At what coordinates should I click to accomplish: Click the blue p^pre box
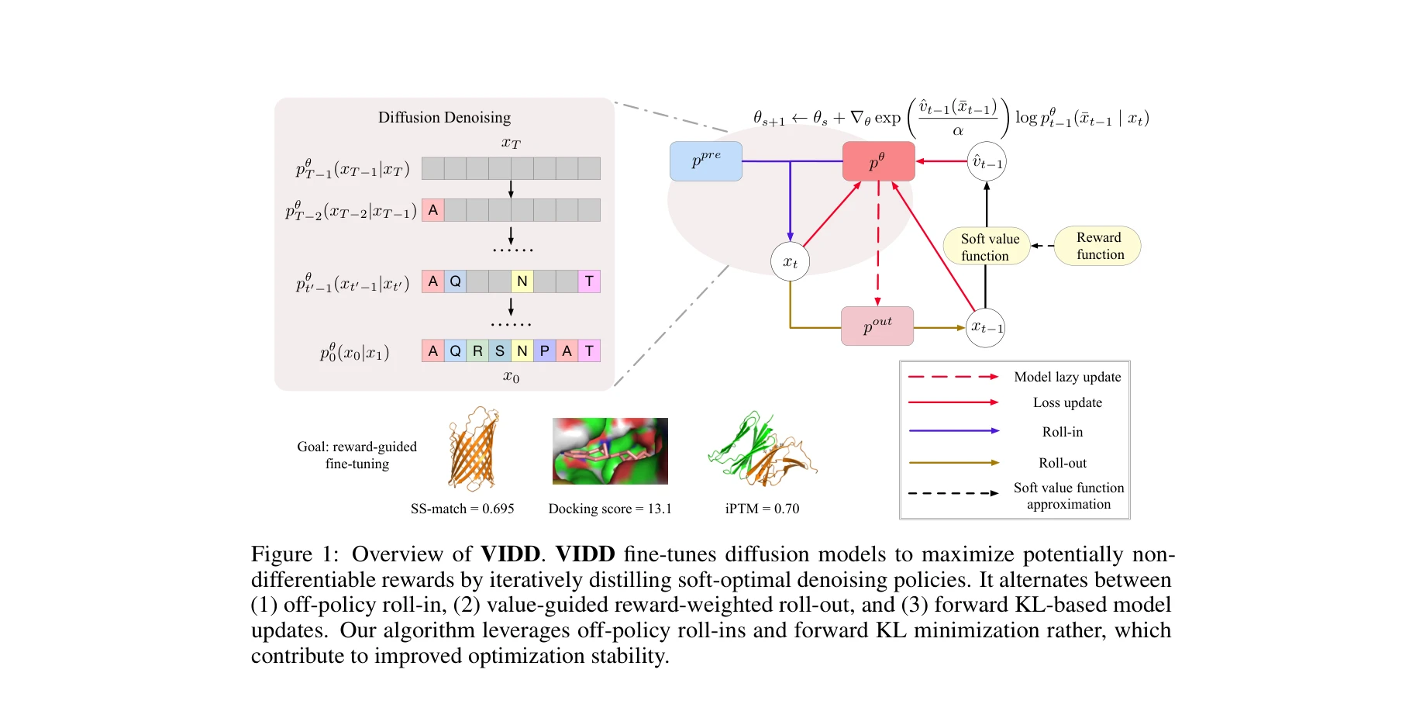pyautogui.click(x=705, y=161)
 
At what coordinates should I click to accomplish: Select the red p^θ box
pyautogui.click(x=878, y=161)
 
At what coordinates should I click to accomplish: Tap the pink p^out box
pyautogui.click(x=877, y=326)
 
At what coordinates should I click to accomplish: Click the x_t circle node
pyautogui.click(x=790, y=262)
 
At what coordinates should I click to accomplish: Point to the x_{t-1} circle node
pyautogui.click(x=986, y=327)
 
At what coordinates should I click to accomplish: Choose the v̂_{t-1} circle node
pyautogui.click(x=987, y=162)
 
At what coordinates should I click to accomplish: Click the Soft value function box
pyautogui.click(x=987, y=247)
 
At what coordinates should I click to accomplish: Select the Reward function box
pyautogui.click(x=1098, y=246)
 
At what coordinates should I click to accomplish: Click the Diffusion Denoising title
pyautogui.click(x=444, y=117)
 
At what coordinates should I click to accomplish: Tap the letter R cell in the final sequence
pyautogui.click(x=477, y=351)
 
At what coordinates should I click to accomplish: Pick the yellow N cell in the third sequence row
pyautogui.click(x=522, y=281)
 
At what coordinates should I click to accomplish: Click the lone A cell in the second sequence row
pyautogui.click(x=433, y=210)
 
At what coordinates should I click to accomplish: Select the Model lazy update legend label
pyautogui.click(x=1067, y=377)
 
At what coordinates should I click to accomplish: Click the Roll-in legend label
pyautogui.click(x=1063, y=432)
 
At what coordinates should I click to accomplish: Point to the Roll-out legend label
pyautogui.click(x=1063, y=463)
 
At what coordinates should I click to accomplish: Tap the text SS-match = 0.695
pyautogui.click(x=462, y=509)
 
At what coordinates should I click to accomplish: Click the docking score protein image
pyautogui.click(x=610, y=451)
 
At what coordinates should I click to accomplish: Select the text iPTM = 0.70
pyautogui.click(x=762, y=509)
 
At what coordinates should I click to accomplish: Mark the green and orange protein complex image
pyautogui.click(x=762, y=450)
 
